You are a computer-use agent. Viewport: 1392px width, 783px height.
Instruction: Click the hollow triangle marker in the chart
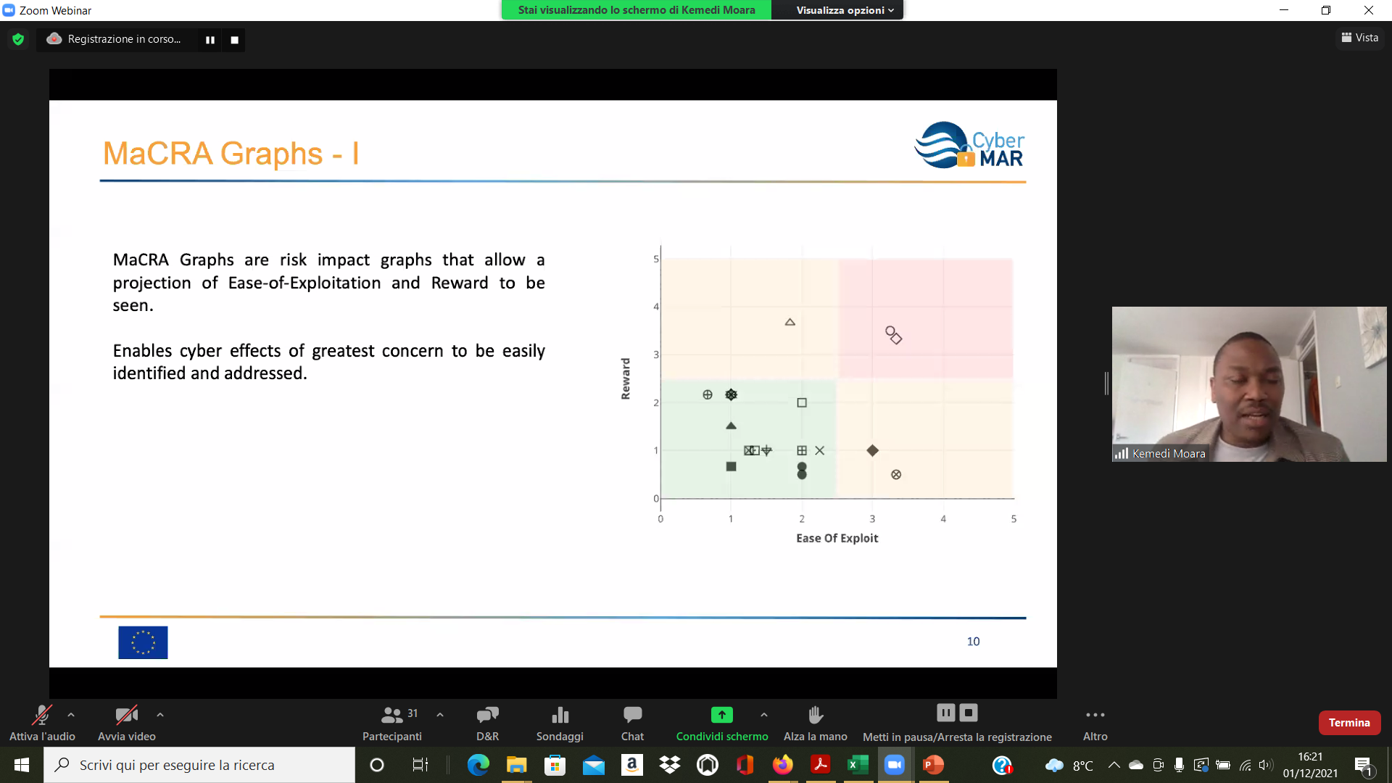(790, 323)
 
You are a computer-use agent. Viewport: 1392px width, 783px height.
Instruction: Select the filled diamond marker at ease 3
(873, 451)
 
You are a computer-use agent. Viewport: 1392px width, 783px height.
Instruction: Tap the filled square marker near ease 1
(731, 467)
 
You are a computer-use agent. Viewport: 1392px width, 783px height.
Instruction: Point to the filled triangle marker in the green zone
(731, 426)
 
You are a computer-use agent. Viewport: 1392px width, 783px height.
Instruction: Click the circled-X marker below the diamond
(896, 475)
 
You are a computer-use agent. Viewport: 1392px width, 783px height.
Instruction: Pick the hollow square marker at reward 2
(802, 403)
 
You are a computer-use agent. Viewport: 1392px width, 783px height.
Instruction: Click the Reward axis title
(626, 378)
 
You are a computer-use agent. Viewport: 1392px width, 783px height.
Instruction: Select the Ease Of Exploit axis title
(837, 538)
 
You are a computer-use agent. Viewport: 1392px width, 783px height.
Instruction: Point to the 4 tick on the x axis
(943, 519)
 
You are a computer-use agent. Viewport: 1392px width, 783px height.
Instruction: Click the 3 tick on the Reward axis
(656, 355)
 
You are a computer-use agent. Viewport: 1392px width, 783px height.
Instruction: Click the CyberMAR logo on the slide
(969, 145)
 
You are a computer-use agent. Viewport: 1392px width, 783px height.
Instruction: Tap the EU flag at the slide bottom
(143, 642)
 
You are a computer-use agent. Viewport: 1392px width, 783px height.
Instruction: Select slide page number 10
(973, 642)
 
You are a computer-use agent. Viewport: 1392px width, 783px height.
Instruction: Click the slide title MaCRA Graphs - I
(231, 154)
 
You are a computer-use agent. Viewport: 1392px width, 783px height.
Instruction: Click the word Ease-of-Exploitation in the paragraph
(304, 283)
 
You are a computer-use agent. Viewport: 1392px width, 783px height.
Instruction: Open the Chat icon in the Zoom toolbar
(632, 715)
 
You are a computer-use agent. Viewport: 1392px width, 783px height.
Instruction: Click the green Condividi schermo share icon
(721, 715)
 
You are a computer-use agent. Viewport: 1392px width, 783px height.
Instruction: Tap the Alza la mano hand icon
(816, 715)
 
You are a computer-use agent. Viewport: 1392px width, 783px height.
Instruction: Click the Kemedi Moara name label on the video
(1169, 454)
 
